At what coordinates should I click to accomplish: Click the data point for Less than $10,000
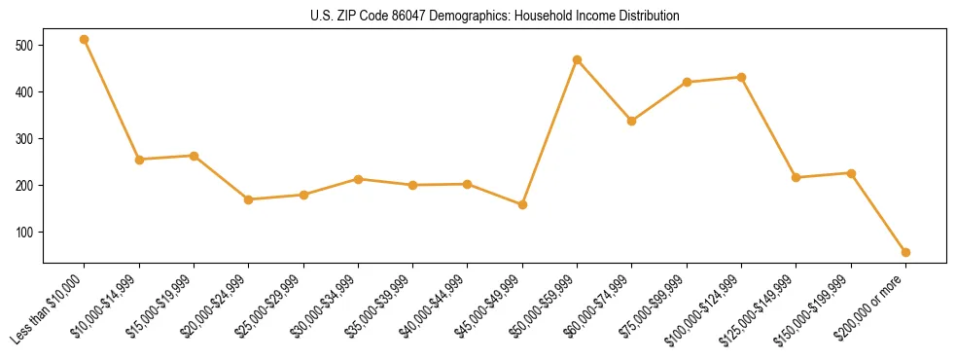point(85,40)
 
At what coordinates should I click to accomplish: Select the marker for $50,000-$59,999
point(578,60)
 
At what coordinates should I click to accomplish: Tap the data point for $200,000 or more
point(905,252)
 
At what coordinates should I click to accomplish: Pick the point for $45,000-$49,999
point(522,204)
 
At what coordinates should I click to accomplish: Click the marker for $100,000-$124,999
point(742,77)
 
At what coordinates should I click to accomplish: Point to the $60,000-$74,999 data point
point(632,121)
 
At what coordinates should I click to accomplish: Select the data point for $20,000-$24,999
point(249,199)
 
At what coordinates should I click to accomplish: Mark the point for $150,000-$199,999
point(851,173)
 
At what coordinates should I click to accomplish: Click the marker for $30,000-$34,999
point(358,179)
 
